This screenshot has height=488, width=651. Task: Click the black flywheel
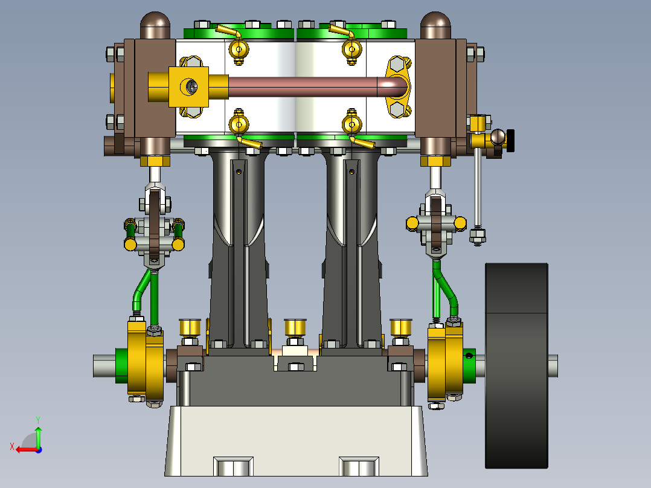516,365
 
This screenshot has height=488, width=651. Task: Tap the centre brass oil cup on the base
296,328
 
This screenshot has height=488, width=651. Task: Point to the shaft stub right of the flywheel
553,365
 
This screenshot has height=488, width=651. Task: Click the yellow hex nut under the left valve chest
155,161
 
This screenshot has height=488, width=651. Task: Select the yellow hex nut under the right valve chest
435,161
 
